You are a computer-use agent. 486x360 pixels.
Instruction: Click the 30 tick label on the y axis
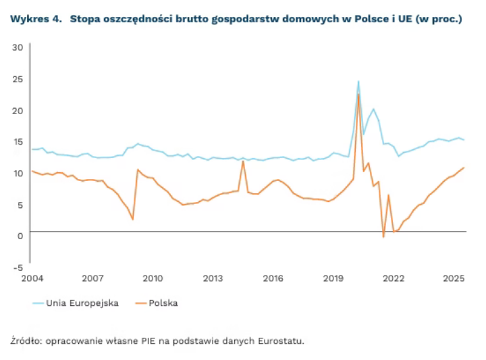[18, 47]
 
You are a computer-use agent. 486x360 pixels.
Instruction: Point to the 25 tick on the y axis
[18, 79]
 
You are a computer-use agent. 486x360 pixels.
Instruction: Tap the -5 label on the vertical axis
[18, 267]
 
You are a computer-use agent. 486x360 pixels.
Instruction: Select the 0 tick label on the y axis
[20, 236]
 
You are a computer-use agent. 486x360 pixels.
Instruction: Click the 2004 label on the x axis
[32, 278]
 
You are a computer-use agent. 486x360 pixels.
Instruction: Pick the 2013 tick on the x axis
[213, 278]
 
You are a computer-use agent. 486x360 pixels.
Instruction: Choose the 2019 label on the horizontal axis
[333, 278]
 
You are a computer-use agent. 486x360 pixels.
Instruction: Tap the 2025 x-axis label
[454, 278]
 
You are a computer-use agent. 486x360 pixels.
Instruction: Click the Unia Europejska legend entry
[76, 303]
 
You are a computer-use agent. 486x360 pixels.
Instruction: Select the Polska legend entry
[157, 303]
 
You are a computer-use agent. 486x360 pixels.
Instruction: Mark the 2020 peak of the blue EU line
[358, 81]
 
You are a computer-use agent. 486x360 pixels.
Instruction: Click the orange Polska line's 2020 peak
[358, 95]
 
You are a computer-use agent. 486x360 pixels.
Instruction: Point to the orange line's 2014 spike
[243, 161]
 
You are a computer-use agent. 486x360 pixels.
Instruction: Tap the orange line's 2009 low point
[133, 220]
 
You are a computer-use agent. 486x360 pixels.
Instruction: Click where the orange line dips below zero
[383, 237]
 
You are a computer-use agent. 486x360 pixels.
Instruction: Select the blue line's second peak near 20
[373, 109]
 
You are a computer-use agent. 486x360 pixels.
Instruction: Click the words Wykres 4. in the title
[36, 19]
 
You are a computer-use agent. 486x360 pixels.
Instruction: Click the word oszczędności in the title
[138, 20]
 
